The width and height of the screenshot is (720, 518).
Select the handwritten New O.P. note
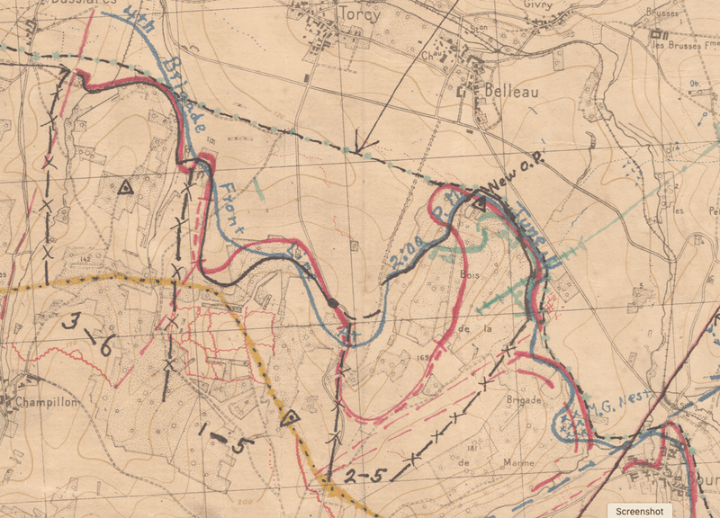click(523, 186)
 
